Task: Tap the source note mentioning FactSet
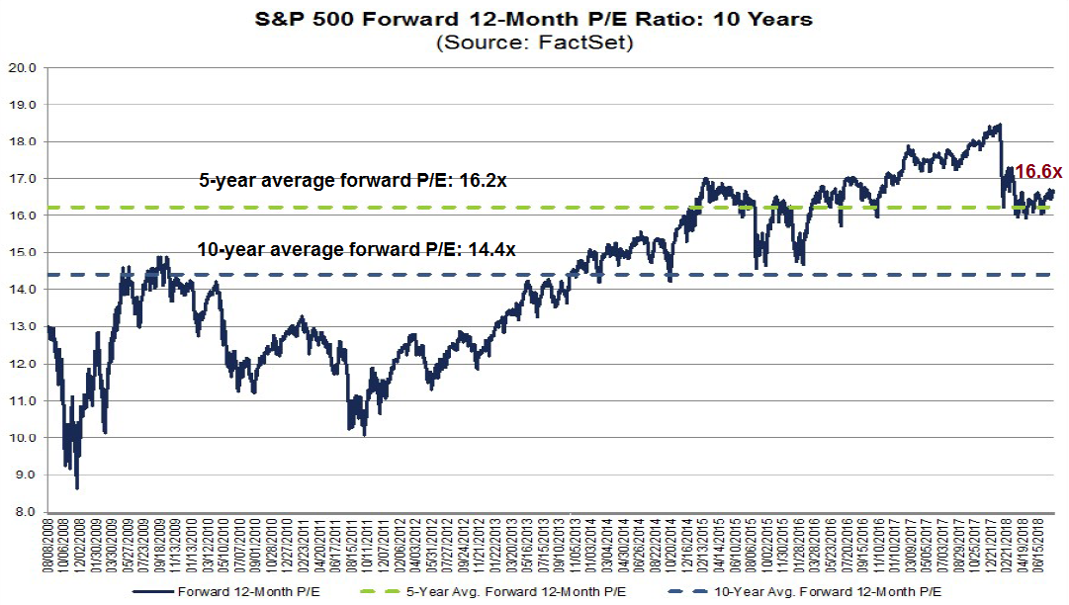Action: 534,43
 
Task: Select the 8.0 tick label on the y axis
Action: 27,512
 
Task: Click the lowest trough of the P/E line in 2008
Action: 77,487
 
